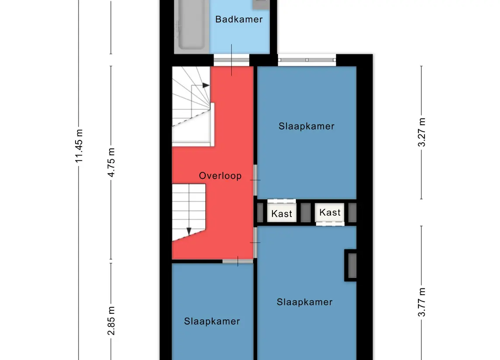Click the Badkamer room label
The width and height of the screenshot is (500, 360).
click(239, 20)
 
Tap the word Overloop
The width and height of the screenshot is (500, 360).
click(220, 176)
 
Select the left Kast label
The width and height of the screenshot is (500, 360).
click(282, 213)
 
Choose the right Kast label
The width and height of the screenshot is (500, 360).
click(330, 213)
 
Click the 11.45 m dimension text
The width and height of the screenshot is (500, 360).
click(79, 146)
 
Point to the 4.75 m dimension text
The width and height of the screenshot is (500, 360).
click(110, 162)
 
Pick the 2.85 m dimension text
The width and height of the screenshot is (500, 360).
click(110, 321)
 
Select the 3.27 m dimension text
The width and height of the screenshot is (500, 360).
click(421, 132)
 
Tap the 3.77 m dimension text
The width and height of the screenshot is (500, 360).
click(421, 302)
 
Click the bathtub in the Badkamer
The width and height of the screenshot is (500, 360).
click(191, 25)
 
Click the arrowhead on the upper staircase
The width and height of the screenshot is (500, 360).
click(206, 86)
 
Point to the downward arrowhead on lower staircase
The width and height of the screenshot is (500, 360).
click(189, 231)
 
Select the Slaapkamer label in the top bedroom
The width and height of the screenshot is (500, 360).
click(307, 126)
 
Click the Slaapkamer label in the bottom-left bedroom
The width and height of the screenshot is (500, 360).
click(212, 321)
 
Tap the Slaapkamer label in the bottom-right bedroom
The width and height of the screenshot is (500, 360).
click(304, 302)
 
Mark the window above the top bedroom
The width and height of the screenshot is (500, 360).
click(307, 60)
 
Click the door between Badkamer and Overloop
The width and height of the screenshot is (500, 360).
click(231, 60)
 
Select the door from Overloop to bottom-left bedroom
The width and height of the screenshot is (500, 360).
click(238, 261)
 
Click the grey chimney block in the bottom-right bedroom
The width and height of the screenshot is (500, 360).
click(352, 265)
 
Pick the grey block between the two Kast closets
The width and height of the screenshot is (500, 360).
click(306, 212)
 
